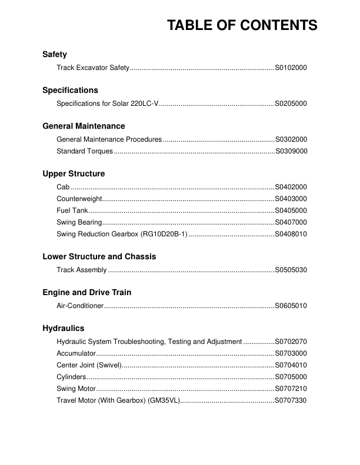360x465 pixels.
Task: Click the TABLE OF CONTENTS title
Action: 242,25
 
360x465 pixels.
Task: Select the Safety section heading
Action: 55,55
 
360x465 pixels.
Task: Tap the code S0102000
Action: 291,68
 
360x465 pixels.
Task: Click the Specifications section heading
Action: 70,91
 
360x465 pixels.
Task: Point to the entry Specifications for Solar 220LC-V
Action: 108,104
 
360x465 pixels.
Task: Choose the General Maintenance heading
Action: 84,126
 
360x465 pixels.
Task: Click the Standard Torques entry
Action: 85,152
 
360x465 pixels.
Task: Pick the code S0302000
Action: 291,140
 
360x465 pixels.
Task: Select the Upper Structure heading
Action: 74,174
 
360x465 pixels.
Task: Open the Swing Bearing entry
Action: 79,223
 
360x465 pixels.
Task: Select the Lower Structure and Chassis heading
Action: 99,257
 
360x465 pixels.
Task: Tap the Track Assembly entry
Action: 82,270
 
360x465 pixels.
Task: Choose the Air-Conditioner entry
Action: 80,306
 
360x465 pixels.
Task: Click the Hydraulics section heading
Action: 64,329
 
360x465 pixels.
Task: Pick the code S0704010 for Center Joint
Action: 291,365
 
